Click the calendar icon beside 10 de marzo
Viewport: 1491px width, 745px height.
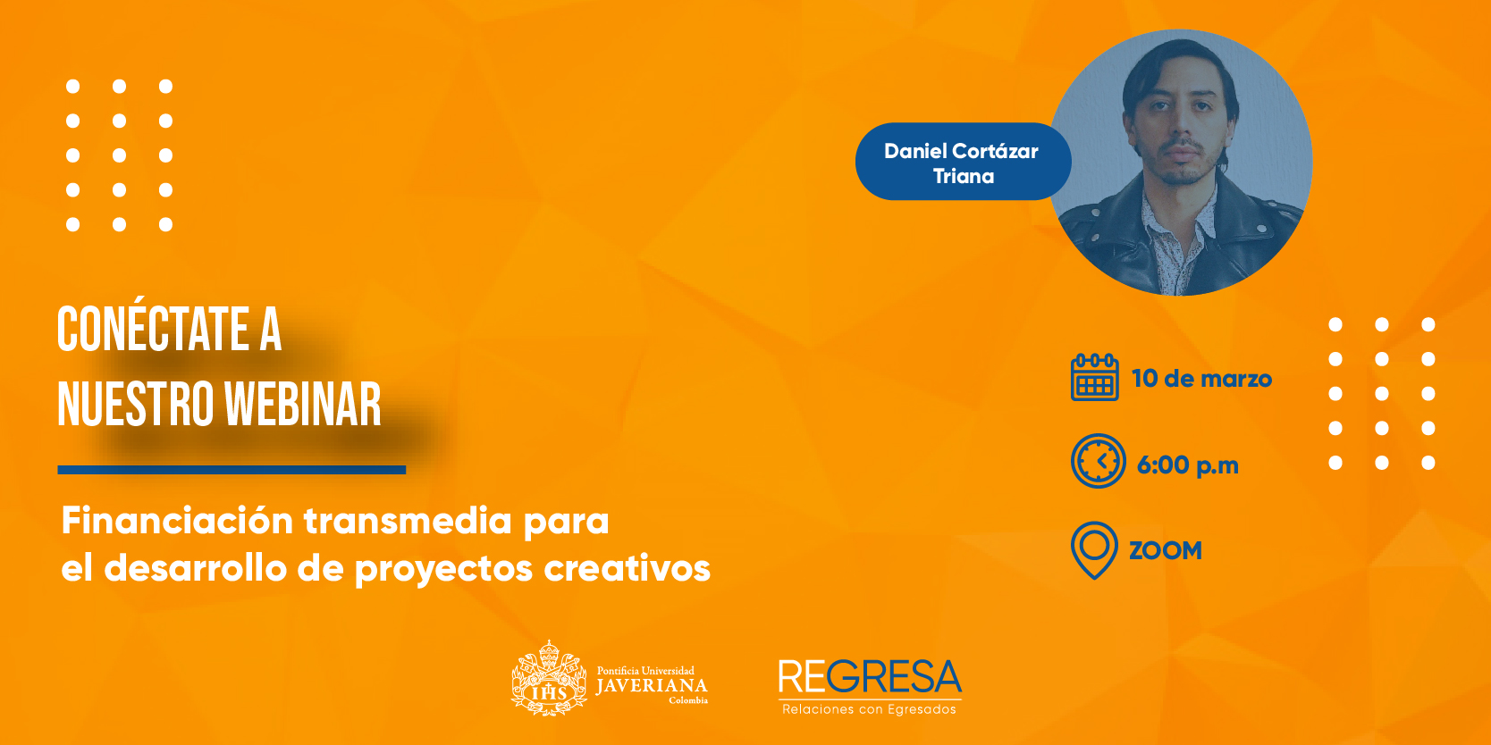pos(1094,377)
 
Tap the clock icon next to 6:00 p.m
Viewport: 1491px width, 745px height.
pos(1099,461)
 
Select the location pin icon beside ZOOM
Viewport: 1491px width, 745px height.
pos(1094,550)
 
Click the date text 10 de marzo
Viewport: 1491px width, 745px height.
pos(1201,379)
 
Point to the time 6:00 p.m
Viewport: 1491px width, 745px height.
pos(1187,465)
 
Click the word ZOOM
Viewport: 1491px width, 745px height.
pos(1166,551)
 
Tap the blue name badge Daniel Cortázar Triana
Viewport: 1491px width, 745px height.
pos(963,162)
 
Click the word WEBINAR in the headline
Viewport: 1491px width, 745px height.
pos(303,405)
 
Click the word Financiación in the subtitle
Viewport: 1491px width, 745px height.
pos(177,520)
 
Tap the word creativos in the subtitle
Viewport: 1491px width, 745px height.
pos(627,569)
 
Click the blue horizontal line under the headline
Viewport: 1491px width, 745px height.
pos(232,470)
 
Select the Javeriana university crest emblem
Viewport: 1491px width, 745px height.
pos(549,678)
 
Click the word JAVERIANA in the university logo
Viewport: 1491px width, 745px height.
pos(652,686)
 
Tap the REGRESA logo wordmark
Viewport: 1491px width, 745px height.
pos(870,677)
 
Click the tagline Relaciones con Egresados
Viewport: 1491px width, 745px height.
pos(870,710)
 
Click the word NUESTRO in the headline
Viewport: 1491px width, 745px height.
pos(137,405)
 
